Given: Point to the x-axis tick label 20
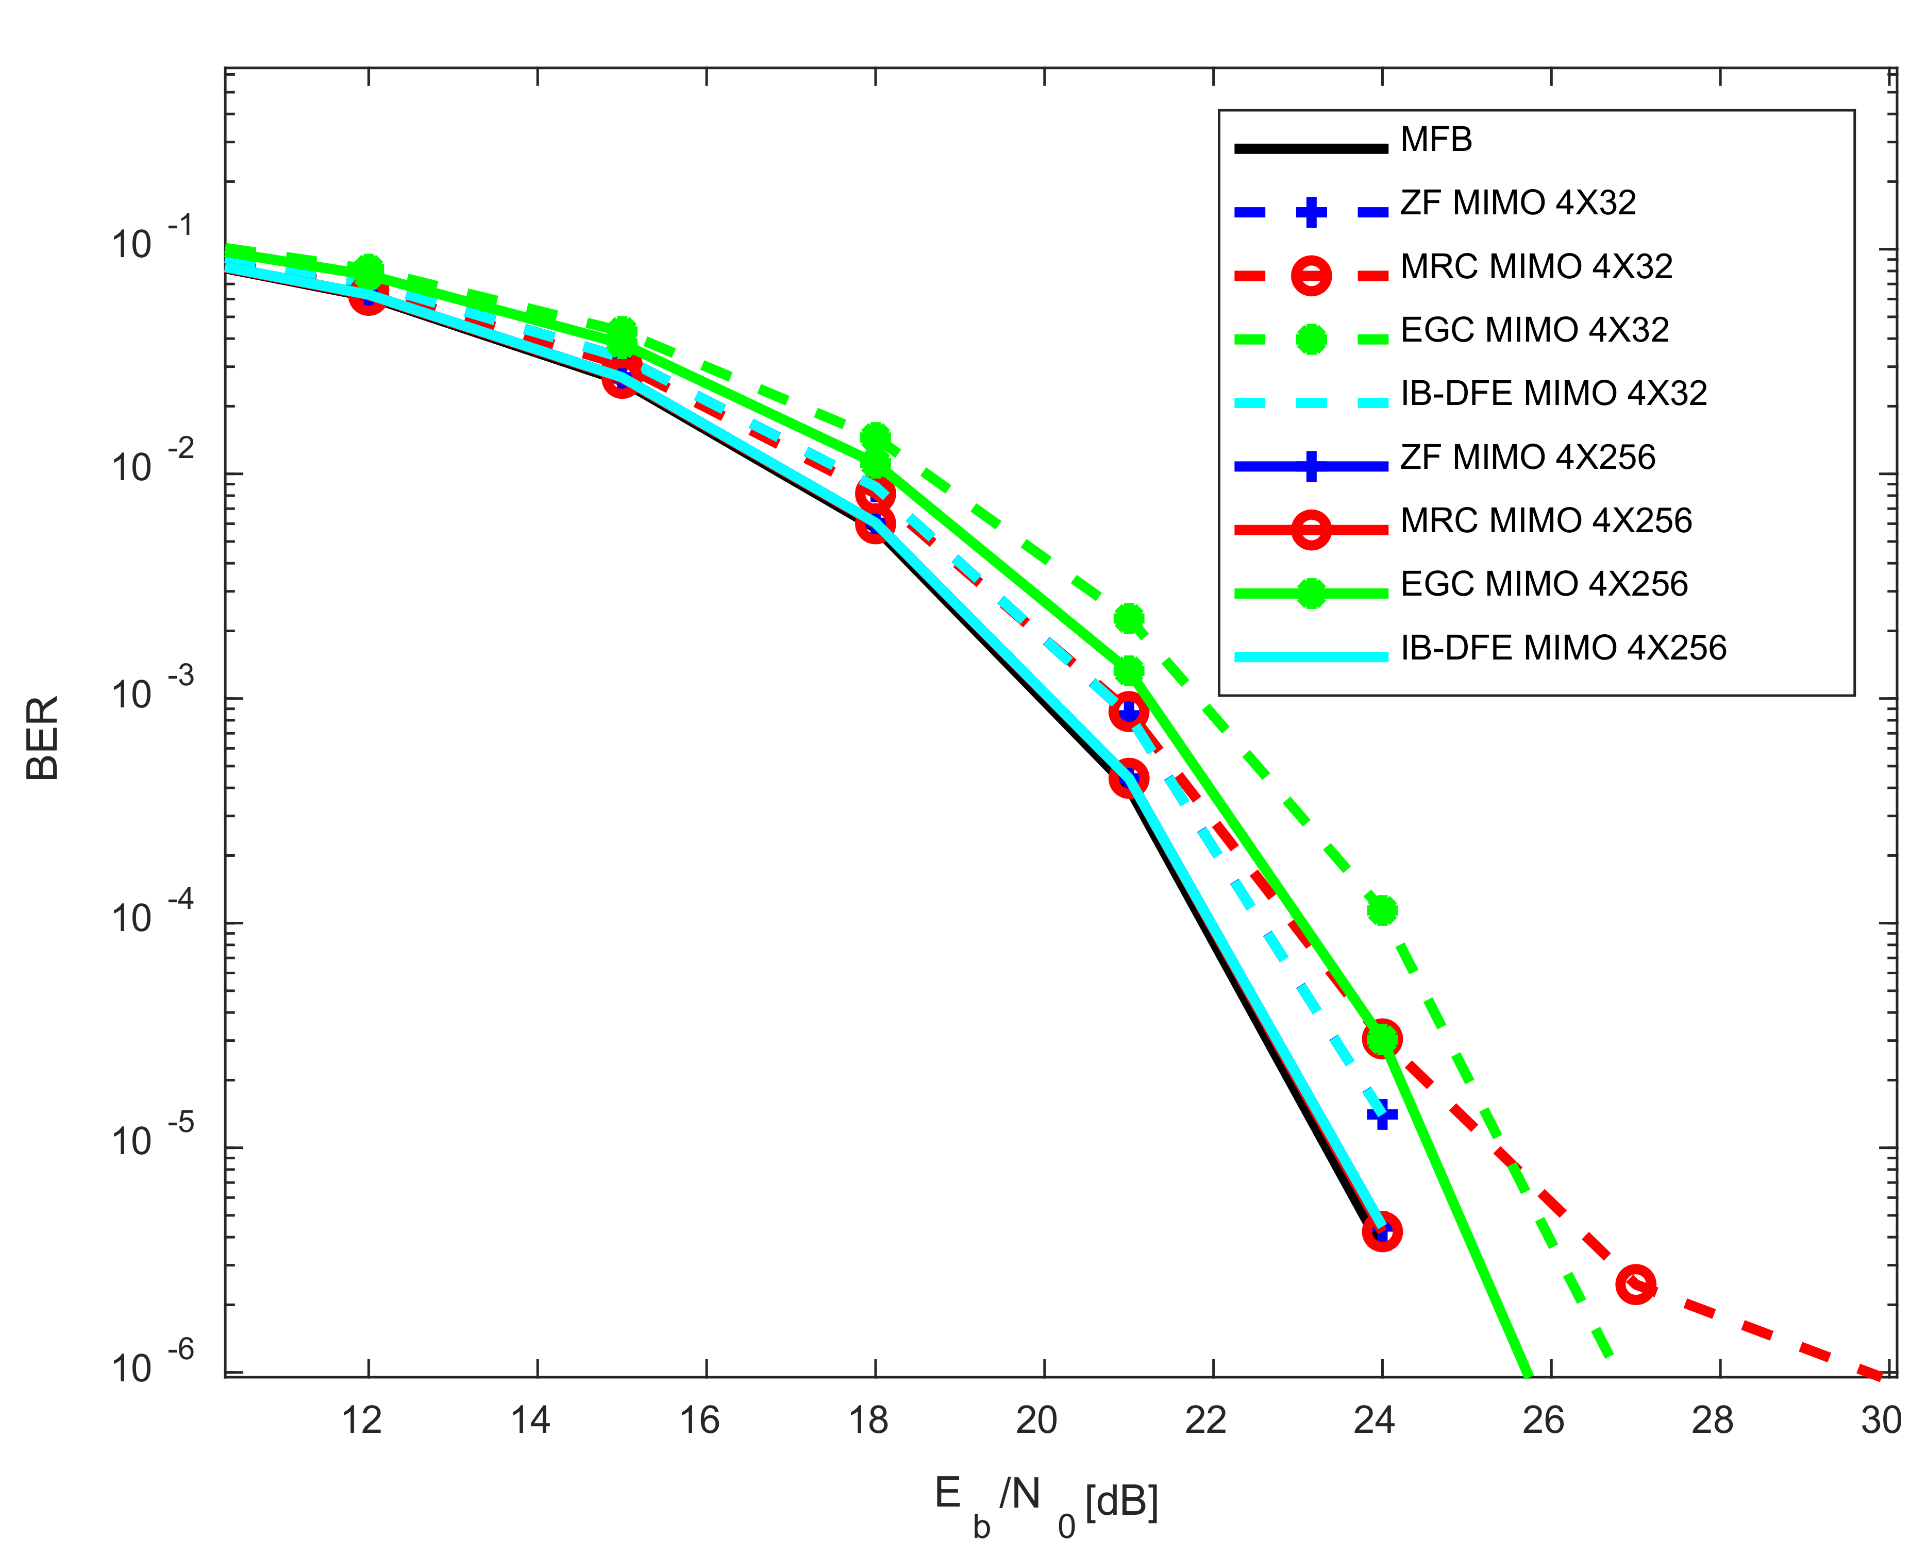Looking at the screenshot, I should (1036, 1420).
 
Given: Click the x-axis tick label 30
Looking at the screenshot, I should (1881, 1420).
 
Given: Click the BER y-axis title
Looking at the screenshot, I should (42, 738).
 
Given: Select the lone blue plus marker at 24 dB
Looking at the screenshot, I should (1382, 1114).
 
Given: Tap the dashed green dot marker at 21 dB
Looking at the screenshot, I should (1128, 618).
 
